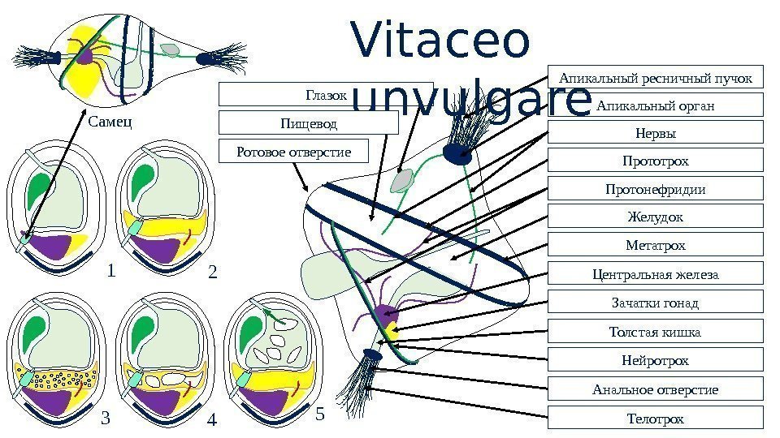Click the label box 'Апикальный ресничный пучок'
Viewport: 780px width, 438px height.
[656, 77]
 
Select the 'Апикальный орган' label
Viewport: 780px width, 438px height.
[656, 105]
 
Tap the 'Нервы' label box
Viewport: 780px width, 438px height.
[656, 133]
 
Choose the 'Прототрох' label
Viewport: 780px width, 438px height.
[656, 161]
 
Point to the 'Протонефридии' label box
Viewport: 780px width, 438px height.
[656, 189]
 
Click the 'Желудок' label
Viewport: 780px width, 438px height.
[656, 217]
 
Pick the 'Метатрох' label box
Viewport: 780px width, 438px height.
[656, 244]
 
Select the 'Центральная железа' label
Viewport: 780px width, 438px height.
[656, 273]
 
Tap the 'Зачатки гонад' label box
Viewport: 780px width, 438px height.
[656, 303]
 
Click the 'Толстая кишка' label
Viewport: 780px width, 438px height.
[656, 331]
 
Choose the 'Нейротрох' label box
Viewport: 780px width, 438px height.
[656, 359]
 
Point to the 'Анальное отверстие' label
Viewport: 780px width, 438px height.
[656, 389]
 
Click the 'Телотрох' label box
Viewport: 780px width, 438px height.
[656, 418]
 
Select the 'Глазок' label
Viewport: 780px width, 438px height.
[325, 96]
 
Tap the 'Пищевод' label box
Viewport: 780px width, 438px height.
[309, 123]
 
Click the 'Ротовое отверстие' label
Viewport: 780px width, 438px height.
[293, 152]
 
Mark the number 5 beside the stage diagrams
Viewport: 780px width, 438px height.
[318, 414]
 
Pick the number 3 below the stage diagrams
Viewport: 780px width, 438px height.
[105, 419]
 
